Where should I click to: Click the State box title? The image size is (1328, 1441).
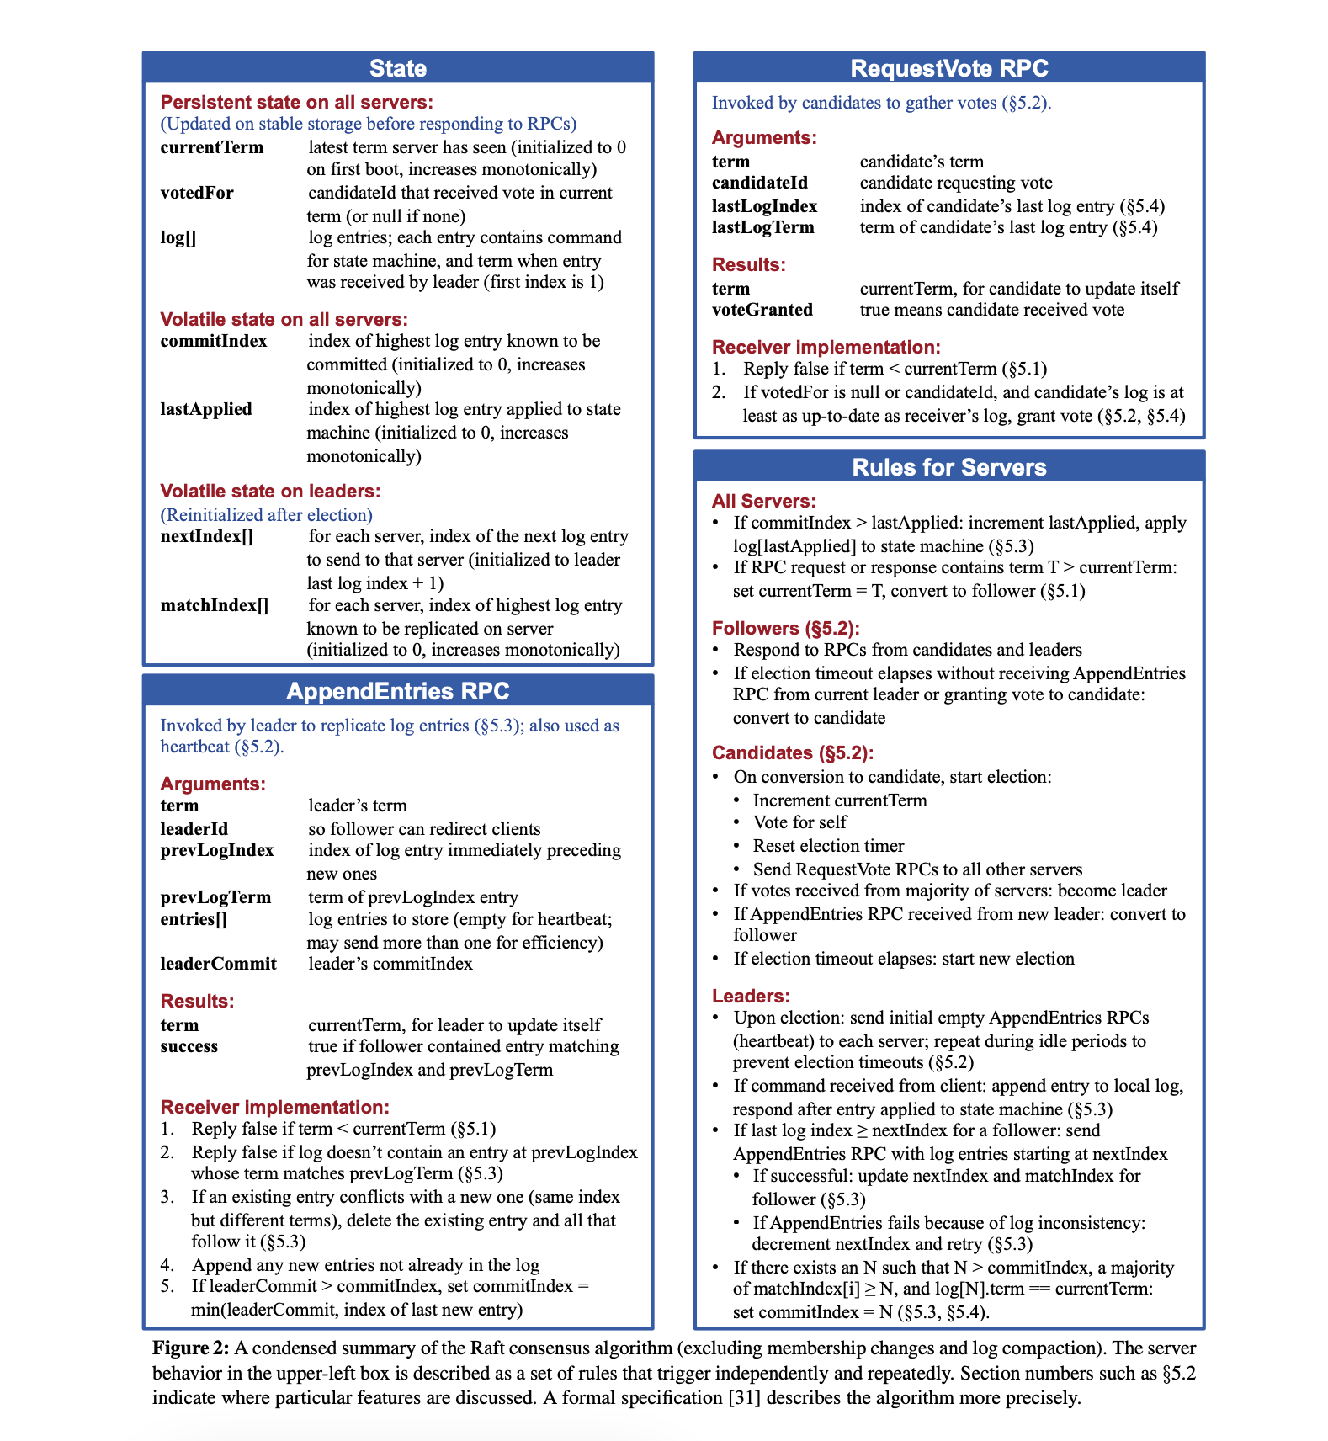coord(398,68)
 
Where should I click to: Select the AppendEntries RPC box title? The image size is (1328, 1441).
coord(398,691)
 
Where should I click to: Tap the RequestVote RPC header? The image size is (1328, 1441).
coord(949,68)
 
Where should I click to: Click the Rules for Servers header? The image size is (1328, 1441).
coord(949,467)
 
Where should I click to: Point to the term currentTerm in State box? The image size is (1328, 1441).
coord(212,147)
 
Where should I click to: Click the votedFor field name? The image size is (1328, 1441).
coord(197,193)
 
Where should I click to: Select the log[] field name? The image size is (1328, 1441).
coord(178,237)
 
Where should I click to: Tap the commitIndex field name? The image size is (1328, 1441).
coord(214,341)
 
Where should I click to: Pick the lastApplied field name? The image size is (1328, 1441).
coord(206,409)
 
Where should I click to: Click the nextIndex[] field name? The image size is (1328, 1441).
coord(207,536)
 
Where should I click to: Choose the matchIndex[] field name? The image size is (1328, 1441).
coord(215,605)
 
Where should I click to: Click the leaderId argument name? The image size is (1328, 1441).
coord(194,829)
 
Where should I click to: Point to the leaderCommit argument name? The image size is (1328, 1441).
coord(219,964)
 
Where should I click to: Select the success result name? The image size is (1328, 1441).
coord(189,1046)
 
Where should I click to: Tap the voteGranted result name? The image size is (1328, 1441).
coord(762,310)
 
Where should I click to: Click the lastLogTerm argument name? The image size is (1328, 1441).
coord(763,227)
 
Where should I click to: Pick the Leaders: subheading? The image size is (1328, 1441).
coord(751,996)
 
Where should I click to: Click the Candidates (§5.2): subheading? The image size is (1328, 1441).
coord(793,752)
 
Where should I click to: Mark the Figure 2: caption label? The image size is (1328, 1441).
coord(190,1348)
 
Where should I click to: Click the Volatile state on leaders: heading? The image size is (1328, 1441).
coord(270,491)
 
